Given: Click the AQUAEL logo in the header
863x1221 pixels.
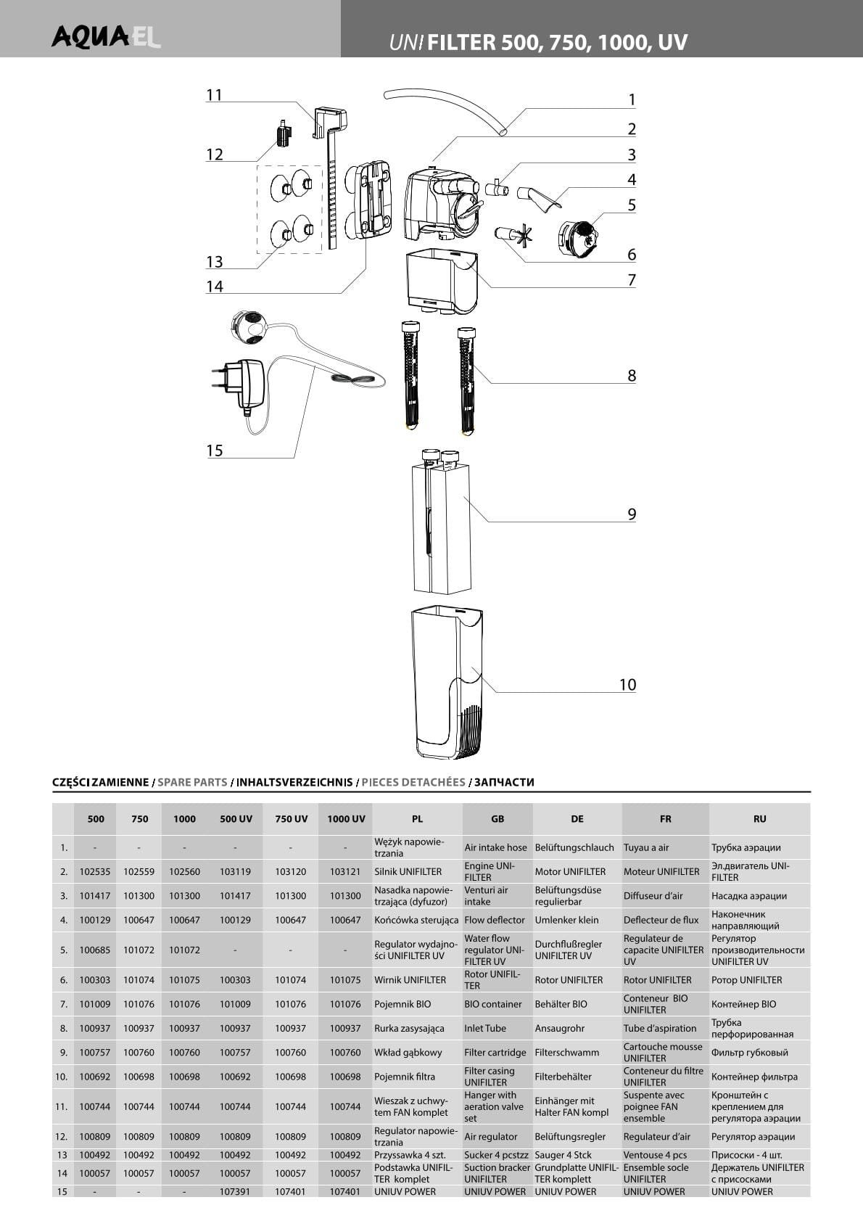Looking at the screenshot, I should click(106, 36).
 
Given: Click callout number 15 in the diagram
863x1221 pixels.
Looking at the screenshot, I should click(215, 451).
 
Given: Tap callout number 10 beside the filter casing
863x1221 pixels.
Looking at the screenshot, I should click(627, 684).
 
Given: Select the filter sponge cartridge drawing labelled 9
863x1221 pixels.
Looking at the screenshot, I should click(442, 526).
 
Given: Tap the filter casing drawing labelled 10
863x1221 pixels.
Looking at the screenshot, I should click(445, 682).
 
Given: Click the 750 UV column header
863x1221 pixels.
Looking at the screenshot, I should click(291, 818).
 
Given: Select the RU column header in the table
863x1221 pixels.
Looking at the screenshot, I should click(759, 818).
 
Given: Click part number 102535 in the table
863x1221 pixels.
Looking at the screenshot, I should click(95, 871).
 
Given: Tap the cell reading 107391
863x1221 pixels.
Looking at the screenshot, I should click(236, 1191).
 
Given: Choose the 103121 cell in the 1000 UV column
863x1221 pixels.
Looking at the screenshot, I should click(345, 871).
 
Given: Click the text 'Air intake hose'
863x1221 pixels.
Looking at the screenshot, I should click(496, 847).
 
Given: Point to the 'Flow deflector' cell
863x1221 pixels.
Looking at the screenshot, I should click(495, 920).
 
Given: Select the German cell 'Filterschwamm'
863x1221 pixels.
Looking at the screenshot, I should click(567, 1053).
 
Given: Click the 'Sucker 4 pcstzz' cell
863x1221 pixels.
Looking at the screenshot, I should click(497, 1155).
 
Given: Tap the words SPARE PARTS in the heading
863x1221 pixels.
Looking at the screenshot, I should click(192, 782).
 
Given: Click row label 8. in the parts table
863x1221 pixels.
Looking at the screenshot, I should click(63, 1028).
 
